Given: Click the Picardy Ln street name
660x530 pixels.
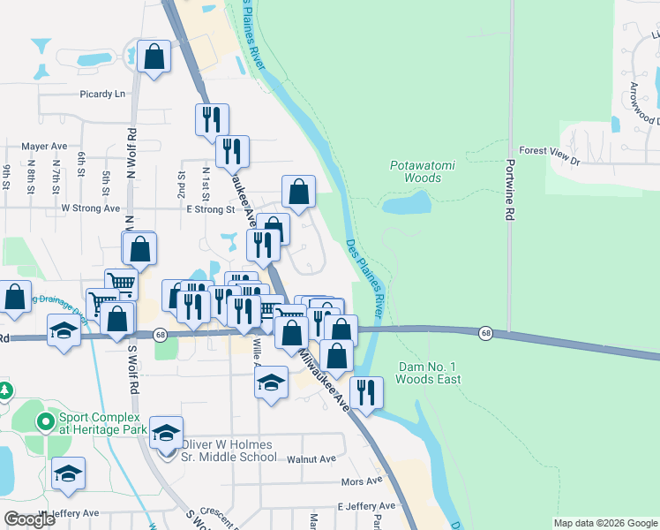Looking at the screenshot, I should (101, 94).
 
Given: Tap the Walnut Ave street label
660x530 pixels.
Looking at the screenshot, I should (311, 459).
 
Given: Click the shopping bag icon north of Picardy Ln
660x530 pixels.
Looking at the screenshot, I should (154, 57).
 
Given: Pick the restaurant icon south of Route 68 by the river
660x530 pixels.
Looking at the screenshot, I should (366, 391).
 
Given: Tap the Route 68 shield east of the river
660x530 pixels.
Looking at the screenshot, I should (486, 333).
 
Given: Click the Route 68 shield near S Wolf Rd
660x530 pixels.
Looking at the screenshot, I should (160, 335).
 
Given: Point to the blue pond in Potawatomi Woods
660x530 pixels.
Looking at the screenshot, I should (408, 204).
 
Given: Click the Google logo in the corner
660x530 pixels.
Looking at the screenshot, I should (30, 519).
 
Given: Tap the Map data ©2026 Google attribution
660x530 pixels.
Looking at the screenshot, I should (604, 523).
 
